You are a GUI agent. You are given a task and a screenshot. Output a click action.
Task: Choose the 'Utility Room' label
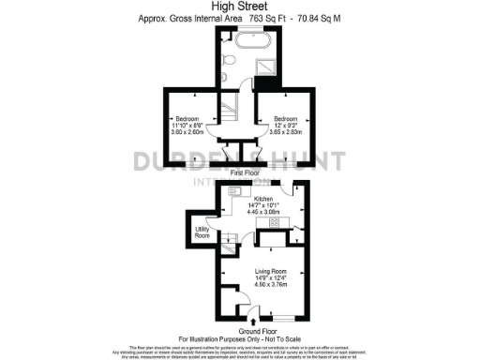click(202, 232)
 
